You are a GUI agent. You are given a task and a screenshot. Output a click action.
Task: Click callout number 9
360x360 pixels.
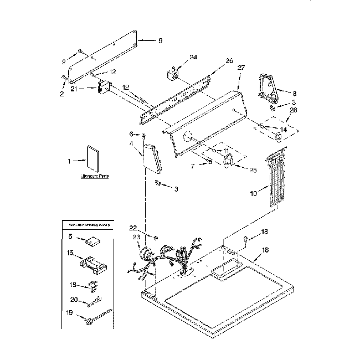click(160, 40)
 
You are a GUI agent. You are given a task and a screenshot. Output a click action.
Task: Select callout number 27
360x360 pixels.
click(241, 68)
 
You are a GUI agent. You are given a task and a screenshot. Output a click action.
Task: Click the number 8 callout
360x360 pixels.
click(294, 94)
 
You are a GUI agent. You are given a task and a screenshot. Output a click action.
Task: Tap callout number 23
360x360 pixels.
click(136, 238)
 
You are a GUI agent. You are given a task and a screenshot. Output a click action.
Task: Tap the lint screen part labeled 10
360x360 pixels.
click(275, 181)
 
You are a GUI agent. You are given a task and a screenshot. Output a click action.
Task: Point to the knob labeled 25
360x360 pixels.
click(228, 161)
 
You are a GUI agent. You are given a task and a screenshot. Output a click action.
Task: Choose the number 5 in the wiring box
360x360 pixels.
click(71, 236)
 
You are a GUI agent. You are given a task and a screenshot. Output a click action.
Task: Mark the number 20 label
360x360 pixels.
click(74, 300)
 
